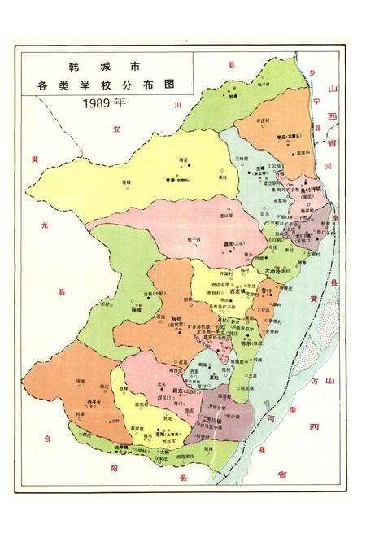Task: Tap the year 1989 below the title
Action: tap(104, 103)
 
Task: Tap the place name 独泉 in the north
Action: tap(232, 95)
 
